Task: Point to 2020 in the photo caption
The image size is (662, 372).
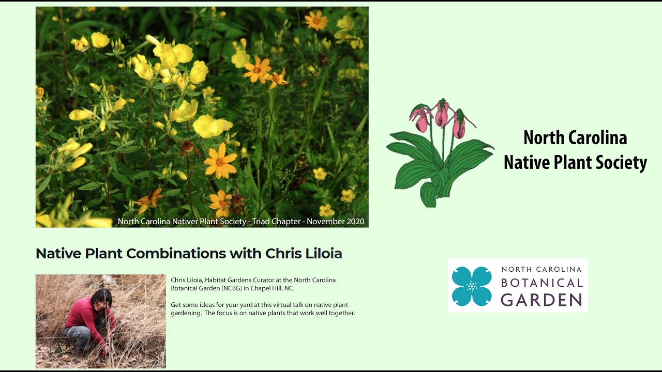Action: coord(354,222)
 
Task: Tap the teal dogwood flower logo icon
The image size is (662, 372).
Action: coord(471,286)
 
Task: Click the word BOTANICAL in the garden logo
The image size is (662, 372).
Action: coord(541,283)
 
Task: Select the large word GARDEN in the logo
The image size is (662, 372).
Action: coord(541,300)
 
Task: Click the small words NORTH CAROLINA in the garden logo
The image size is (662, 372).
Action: coord(541,269)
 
